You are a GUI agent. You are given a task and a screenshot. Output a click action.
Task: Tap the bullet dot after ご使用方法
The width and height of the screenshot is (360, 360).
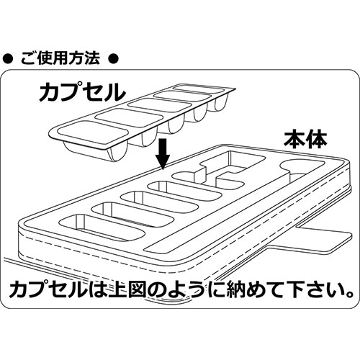113,59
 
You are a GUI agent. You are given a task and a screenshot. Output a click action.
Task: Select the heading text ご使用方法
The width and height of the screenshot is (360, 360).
60,58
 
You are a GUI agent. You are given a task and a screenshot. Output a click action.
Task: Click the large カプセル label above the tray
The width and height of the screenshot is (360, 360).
82,91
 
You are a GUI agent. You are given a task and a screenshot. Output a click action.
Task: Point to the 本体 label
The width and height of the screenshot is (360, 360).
305,139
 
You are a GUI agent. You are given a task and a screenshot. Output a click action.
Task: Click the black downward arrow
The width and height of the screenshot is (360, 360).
163,154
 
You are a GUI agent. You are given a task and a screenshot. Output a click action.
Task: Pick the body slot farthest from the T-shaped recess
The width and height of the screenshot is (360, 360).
102,227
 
